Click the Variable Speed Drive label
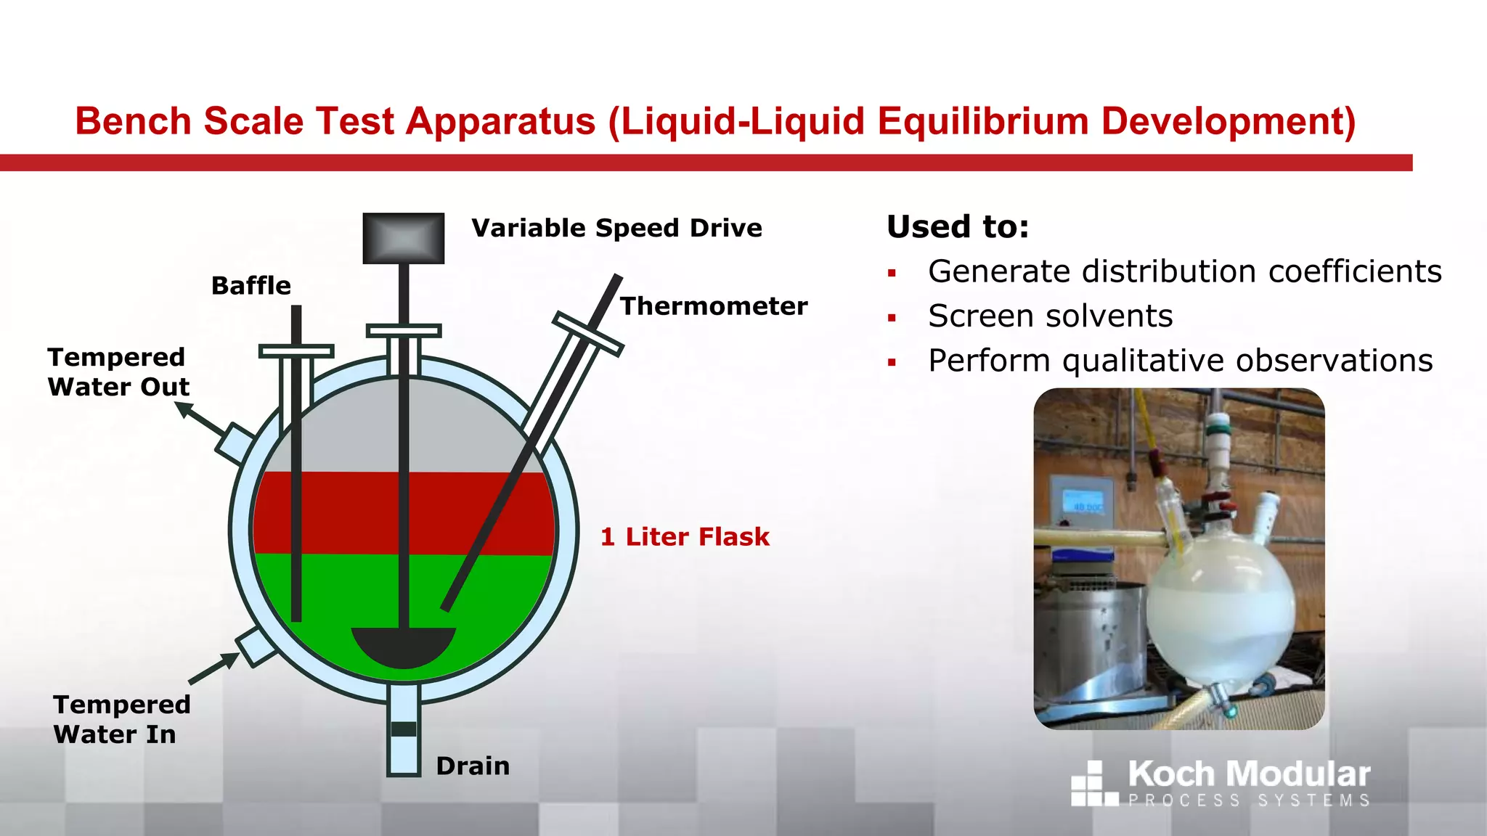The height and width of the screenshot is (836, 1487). (x=616, y=228)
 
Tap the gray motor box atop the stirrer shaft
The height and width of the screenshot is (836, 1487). (x=404, y=238)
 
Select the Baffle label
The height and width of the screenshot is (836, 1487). (x=251, y=286)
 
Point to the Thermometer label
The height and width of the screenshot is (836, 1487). (x=714, y=306)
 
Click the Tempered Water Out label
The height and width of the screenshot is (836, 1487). (x=118, y=372)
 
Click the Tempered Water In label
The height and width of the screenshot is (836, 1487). (x=121, y=719)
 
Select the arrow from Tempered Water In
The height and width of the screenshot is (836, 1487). (x=214, y=668)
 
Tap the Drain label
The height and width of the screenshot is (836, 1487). (x=473, y=766)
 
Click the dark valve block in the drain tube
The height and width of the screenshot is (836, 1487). (x=404, y=729)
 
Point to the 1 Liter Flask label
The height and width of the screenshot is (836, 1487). (x=685, y=537)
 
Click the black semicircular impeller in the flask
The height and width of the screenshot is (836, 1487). (x=404, y=646)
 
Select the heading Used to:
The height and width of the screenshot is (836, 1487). (x=958, y=226)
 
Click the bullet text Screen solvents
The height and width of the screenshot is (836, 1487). (x=1050, y=316)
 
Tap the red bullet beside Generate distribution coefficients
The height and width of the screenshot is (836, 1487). (x=892, y=274)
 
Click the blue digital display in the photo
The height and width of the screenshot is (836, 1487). (x=1083, y=502)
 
